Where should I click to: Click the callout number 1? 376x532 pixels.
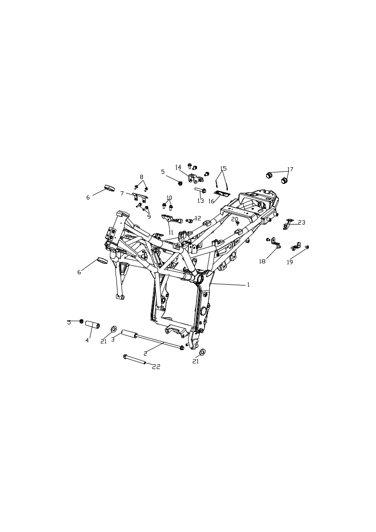pyautogui.click(x=248, y=285)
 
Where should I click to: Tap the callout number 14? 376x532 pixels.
pyautogui.click(x=179, y=167)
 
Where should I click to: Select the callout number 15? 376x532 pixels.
pyautogui.click(x=223, y=168)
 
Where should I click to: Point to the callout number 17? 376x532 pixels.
pyautogui.click(x=290, y=169)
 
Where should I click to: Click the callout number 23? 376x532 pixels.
pyautogui.click(x=301, y=222)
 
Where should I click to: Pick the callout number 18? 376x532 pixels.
pyautogui.click(x=262, y=261)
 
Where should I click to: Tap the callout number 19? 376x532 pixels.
pyautogui.click(x=289, y=262)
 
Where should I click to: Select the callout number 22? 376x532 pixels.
pyautogui.click(x=156, y=367)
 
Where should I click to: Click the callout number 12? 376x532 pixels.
pyautogui.click(x=197, y=218)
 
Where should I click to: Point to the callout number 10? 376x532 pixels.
pyautogui.click(x=169, y=198)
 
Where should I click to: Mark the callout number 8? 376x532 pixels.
pyautogui.click(x=142, y=177)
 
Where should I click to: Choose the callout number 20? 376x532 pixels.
pyautogui.click(x=234, y=219)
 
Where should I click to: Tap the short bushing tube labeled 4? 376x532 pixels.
pyautogui.click(x=92, y=324)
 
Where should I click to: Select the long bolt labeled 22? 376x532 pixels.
pyautogui.click(x=134, y=359)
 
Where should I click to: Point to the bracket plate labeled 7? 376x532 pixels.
pyautogui.click(x=139, y=196)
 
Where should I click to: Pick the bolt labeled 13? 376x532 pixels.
pyautogui.click(x=200, y=190)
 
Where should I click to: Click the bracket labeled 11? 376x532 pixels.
pyautogui.click(x=171, y=219)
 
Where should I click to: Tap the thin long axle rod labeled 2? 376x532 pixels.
pyautogui.click(x=159, y=341)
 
